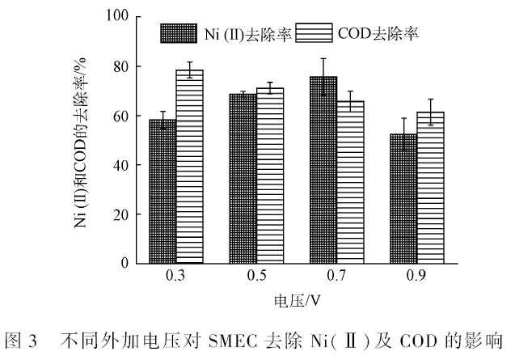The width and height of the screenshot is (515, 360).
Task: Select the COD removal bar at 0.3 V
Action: click(x=189, y=167)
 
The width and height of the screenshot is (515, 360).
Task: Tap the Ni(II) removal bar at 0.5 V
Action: click(x=243, y=179)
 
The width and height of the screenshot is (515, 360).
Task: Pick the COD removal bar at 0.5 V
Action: click(x=270, y=176)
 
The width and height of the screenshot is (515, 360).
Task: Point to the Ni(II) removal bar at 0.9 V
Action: click(x=403, y=198)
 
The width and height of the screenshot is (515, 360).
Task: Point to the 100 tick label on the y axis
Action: click(x=117, y=15)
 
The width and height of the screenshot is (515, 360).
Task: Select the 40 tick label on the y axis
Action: click(x=120, y=164)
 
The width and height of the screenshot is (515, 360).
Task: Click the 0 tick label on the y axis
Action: click(x=125, y=264)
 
